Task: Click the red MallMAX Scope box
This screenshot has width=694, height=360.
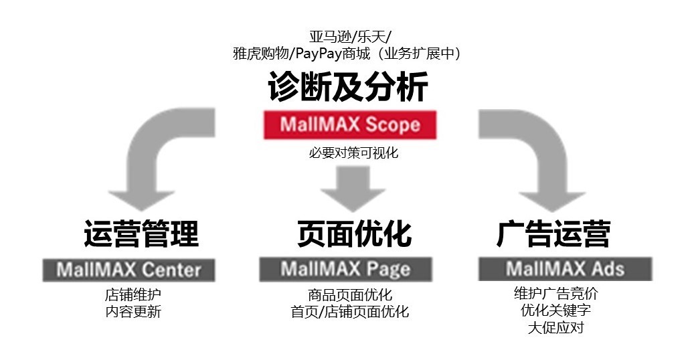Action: point(350,124)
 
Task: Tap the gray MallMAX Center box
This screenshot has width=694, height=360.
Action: point(128,270)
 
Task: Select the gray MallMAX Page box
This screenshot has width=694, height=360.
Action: point(345,270)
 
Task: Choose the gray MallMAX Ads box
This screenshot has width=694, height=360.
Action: point(565,269)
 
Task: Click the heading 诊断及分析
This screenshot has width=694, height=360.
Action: point(348,88)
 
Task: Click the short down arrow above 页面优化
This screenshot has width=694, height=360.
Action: point(353,188)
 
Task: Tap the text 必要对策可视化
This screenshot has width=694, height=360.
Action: point(353,153)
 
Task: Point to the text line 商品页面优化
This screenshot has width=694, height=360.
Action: point(350,294)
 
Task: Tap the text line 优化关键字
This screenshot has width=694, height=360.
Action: point(555,310)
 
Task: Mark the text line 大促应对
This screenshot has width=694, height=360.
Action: point(555,328)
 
